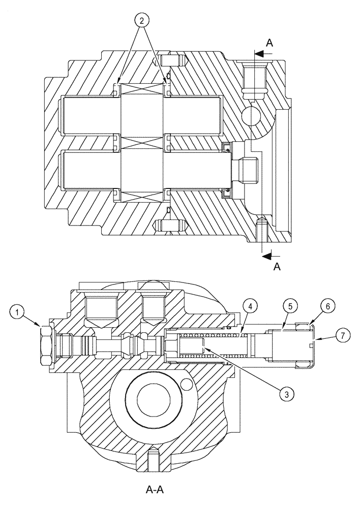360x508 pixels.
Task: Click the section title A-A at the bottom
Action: click(x=155, y=490)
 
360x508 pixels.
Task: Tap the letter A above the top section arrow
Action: click(x=269, y=43)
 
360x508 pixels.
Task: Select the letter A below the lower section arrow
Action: click(x=277, y=267)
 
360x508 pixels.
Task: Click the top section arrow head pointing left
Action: click(x=258, y=53)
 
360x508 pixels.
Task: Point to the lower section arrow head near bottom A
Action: click(x=265, y=256)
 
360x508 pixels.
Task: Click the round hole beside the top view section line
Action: click(x=251, y=115)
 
